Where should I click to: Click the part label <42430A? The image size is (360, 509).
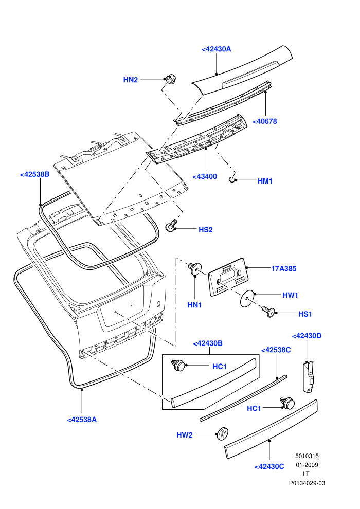[x=216, y=49]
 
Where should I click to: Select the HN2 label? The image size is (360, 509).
[x=131, y=80]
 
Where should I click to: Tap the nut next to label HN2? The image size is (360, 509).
[x=170, y=79]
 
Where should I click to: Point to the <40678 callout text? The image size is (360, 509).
[x=264, y=121]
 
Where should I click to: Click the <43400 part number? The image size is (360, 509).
[x=205, y=176]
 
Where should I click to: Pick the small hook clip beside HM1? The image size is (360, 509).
[x=232, y=179]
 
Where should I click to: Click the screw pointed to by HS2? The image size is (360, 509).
[x=171, y=226]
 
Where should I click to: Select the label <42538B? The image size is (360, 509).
[x=35, y=174]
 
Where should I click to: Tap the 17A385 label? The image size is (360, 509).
[x=284, y=268]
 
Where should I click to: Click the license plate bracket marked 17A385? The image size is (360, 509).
[x=229, y=277]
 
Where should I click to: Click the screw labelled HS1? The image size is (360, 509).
[x=269, y=312]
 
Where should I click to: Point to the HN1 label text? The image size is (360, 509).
[x=195, y=305]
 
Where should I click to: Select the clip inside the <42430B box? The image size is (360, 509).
[x=178, y=365]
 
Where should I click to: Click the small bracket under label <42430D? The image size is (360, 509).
[x=310, y=376]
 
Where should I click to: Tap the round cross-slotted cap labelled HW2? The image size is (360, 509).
[x=223, y=434]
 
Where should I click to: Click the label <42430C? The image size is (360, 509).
[x=269, y=466]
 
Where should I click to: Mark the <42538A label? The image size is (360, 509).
[x=82, y=420]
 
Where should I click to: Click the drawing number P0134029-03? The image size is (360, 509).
[x=307, y=483]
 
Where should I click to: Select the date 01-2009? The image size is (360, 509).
[x=307, y=465]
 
